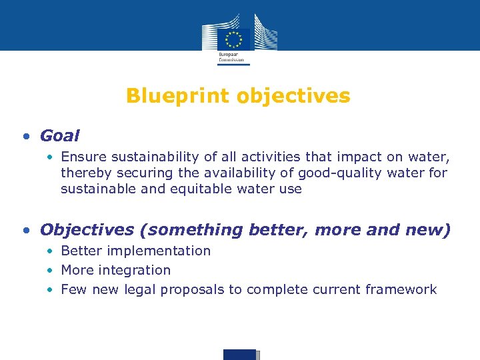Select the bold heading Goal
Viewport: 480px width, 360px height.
click(59, 136)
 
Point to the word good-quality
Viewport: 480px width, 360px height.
click(335, 173)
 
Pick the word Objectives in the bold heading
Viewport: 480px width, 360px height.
click(86, 230)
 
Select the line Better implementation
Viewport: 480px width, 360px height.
click(135, 251)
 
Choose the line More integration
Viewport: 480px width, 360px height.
click(115, 270)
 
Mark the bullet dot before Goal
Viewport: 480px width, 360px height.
click(25, 137)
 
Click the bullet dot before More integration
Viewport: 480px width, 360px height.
click(50, 271)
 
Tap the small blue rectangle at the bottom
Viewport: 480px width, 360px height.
click(240, 354)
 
